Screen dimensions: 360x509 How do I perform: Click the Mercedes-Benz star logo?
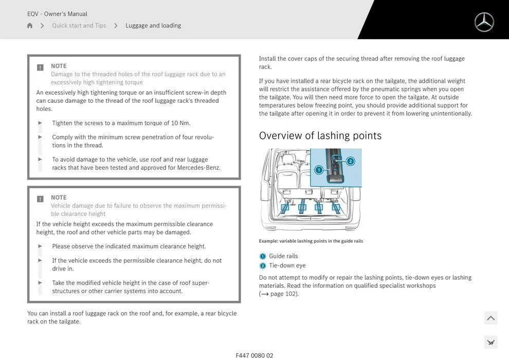pyautogui.click(x=484, y=22)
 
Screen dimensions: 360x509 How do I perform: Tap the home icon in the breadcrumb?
pyautogui.click(x=30, y=26)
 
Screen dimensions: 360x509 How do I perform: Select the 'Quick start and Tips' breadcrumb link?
pyautogui.click(x=79, y=26)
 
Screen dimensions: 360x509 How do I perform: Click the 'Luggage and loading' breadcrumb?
pyautogui.click(x=153, y=26)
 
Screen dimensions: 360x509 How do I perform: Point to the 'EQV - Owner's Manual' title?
pyautogui.click(x=57, y=14)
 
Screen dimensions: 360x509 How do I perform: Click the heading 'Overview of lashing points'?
pyautogui.click(x=320, y=136)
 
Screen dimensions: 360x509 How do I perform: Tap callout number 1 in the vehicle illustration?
pyautogui.click(x=319, y=170)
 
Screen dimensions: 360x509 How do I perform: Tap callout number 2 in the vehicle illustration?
pyautogui.click(x=350, y=161)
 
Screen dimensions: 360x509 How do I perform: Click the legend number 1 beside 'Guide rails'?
pyautogui.click(x=262, y=256)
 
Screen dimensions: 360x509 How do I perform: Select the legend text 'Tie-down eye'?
pyautogui.click(x=287, y=265)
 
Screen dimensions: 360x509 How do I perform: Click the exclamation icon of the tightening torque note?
pyautogui.click(x=40, y=67)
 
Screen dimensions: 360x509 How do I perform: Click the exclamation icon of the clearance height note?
pyautogui.click(x=40, y=199)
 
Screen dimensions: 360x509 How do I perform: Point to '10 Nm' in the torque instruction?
pyautogui.click(x=180, y=123)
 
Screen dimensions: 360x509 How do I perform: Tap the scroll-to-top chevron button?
pyautogui.click(x=490, y=318)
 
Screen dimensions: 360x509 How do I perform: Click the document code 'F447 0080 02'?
pyautogui.click(x=254, y=355)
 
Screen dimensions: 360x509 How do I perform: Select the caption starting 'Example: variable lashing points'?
pyautogui.click(x=311, y=241)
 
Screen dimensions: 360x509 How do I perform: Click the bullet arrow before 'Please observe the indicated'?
pyautogui.click(x=40, y=246)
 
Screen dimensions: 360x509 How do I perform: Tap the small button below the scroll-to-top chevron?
pyautogui.click(x=490, y=342)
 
